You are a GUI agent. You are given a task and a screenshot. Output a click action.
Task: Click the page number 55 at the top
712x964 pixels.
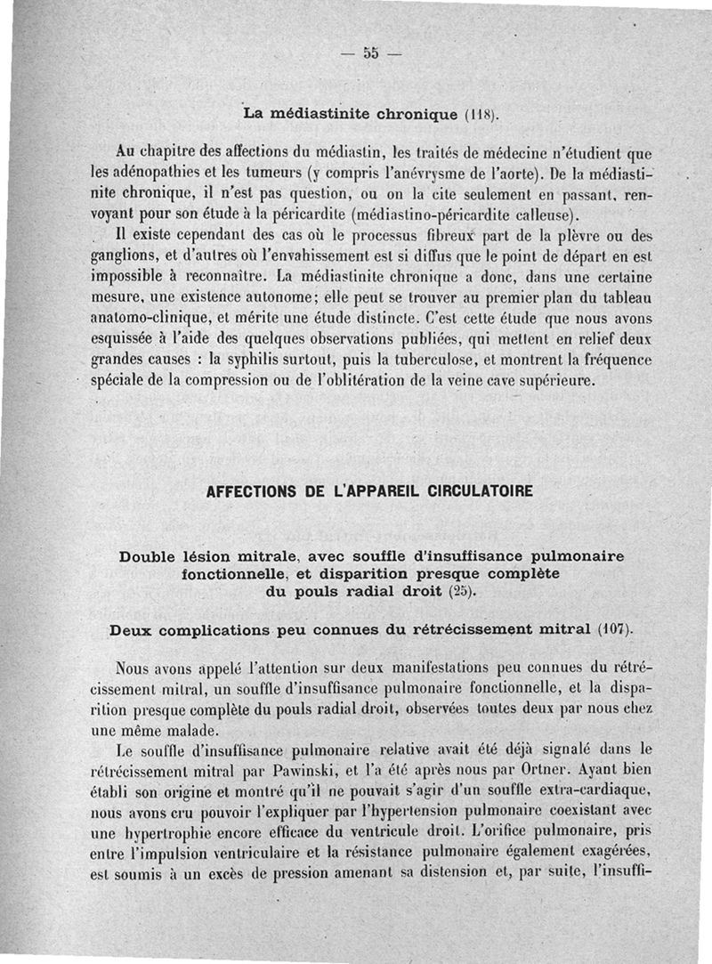[x=370, y=53]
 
